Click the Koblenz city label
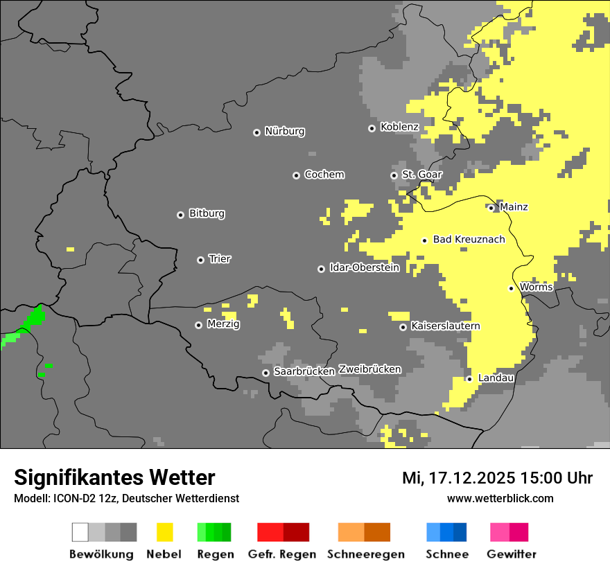(x=399, y=127)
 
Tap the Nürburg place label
(x=284, y=131)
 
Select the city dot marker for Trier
(x=200, y=260)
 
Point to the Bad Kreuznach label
(x=469, y=239)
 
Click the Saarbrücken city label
(x=304, y=371)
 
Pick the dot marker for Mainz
(x=491, y=208)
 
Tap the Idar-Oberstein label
(x=364, y=267)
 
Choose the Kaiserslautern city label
(x=445, y=326)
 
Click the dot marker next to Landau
(x=469, y=379)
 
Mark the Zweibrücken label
(x=369, y=369)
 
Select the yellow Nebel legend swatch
(x=164, y=532)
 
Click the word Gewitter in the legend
(x=511, y=554)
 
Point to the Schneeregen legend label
(x=365, y=554)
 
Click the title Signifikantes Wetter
(x=114, y=477)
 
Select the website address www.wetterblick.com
(x=500, y=498)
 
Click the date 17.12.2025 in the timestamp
(x=468, y=478)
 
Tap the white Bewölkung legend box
(x=80, y=532)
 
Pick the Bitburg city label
(x=207, y=213)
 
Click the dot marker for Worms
(x=511, y=288)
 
